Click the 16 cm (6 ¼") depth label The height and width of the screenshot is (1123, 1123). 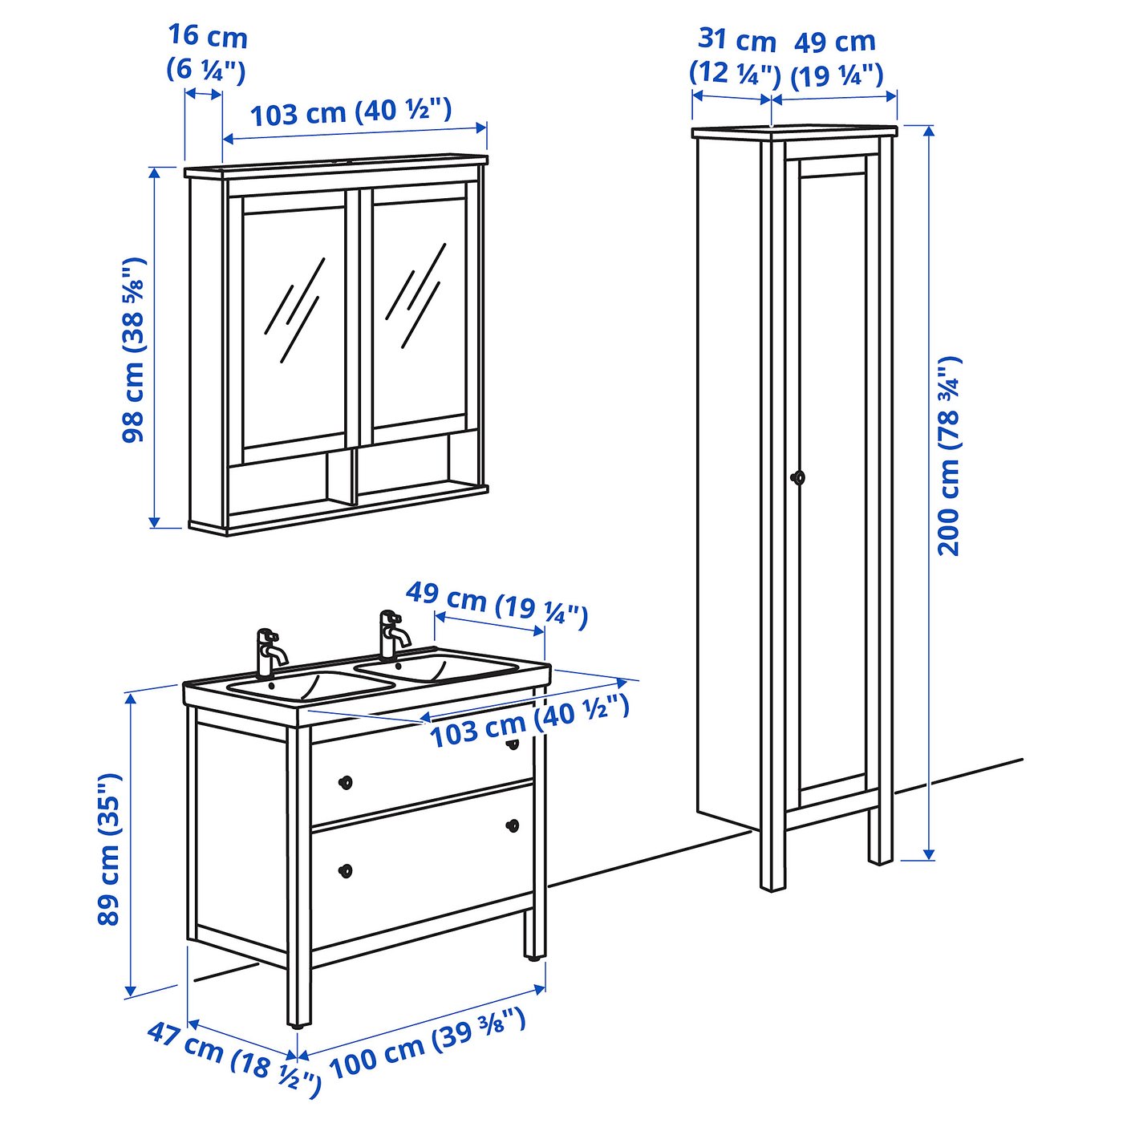(207, 55)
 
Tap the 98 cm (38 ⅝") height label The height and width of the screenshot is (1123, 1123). (133, 350)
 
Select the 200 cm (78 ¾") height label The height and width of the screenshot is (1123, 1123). (948, 455)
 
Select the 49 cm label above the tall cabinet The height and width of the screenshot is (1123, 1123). (837, 57)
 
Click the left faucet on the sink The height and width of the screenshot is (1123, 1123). (270, 652)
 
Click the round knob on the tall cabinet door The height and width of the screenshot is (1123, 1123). (797, 477)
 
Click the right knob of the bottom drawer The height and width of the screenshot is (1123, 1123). (513, 825)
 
